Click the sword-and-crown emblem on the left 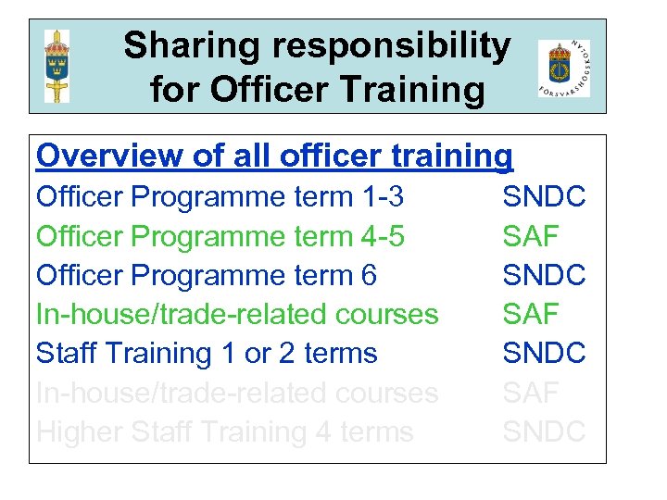(57, 67)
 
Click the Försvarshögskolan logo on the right (563, 69)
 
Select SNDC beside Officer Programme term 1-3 (544, 197)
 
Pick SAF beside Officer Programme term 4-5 (531, 236)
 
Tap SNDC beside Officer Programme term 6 (544, 275)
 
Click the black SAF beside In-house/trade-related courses (531, 314)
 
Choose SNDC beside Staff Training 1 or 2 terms (544, 353)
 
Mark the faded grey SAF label (531, 393)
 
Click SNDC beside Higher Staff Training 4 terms (544, 431)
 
